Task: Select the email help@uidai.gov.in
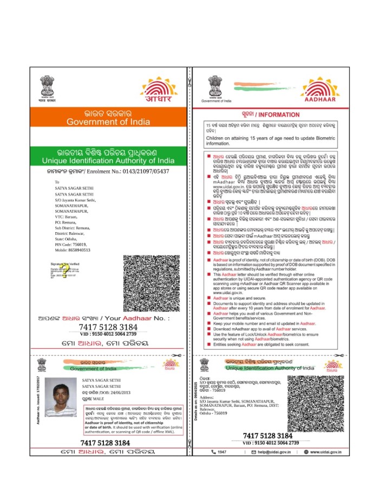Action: (x=275, y=452)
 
